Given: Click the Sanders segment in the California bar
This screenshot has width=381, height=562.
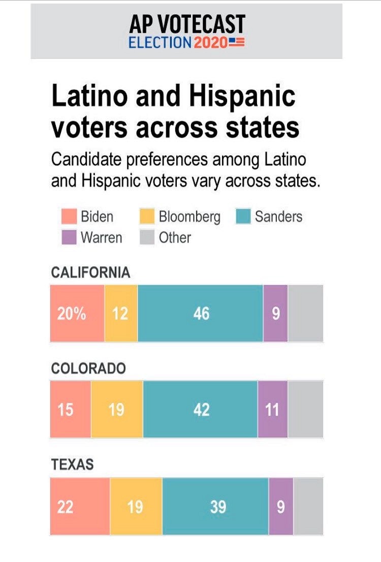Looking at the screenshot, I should pos(200,313).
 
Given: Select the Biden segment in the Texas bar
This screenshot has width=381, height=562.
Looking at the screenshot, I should pos(80,506).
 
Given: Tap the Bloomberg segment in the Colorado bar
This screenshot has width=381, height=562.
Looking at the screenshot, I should pos(117,409).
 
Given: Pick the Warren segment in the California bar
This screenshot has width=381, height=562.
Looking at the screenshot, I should pos(275,313).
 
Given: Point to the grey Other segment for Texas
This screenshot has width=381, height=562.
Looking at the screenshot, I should pos(308,506).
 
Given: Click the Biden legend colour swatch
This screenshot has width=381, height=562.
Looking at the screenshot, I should pos(69,217).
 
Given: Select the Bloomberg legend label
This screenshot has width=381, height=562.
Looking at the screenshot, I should pos(189,217).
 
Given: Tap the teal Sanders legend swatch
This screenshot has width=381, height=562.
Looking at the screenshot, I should pos(244,217).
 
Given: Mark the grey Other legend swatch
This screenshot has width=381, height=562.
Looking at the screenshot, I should pos(147,238).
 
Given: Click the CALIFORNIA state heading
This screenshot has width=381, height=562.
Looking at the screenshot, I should pos(90,273).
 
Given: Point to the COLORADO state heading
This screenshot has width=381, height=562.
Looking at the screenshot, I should pos(88,369).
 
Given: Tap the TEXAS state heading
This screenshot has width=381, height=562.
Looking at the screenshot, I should pos(72,465).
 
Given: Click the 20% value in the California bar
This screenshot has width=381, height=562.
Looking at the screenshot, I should pos(71,314).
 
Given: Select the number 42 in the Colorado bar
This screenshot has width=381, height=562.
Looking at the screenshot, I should pos(201,410).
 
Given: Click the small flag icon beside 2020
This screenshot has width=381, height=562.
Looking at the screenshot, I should pos(237,42).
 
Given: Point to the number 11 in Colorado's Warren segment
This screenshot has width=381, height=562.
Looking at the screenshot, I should pos(272,410).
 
